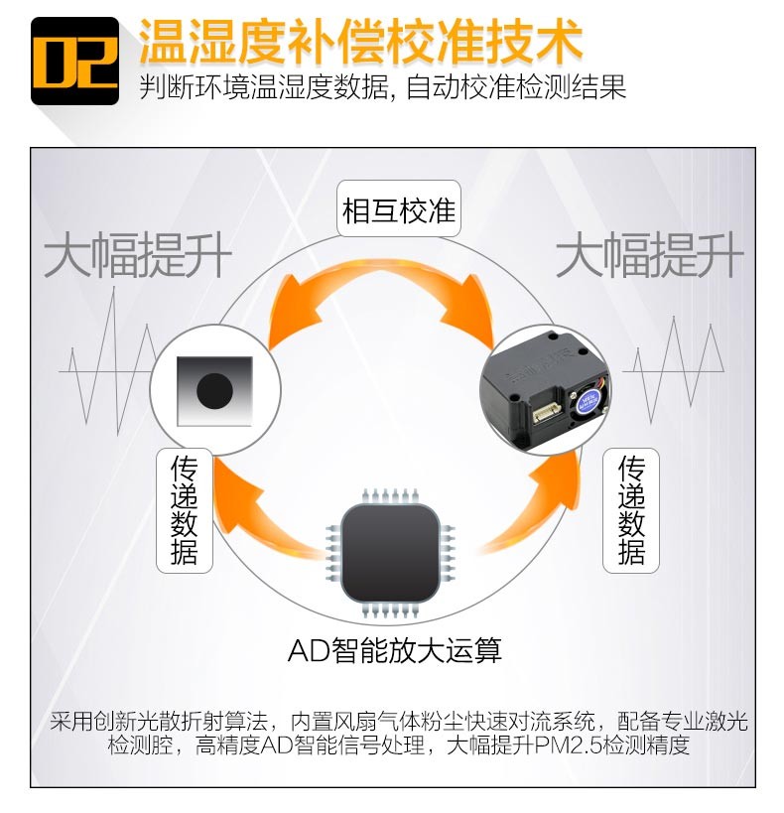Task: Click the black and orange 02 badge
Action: pyautogui.click(x=74, y=62)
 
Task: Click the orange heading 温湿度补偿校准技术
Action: pyautogui.click(x=361, y=41)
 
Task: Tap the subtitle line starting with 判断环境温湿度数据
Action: pyautogui.click(x=383, y=86)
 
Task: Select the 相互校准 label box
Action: pyautogui.click(x=399, y=208)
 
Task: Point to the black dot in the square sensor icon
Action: pyautogui.click(x=214, y=390)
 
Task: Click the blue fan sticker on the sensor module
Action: pyautogui.click(x=588, y=401)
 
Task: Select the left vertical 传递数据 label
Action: pyautogui.click(x=185, y=510)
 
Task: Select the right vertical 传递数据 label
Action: pyautogui.click(x=631, y=510)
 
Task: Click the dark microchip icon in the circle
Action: pyautogui.click(x=390, y=553)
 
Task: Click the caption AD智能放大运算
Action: pyautogui.click(x=395, y=650)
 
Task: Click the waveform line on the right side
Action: pyautogui.click(x=673, y=370)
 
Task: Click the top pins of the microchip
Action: pyautogui.click(x=390, y=495)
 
